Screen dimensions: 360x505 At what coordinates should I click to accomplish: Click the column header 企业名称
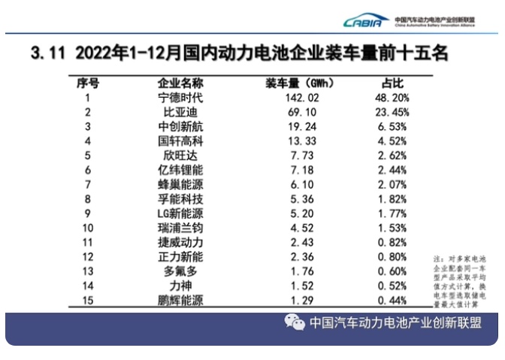[181, 83]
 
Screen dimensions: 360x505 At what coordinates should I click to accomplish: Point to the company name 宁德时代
[181, 98]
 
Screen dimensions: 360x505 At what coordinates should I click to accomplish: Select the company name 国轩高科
[181, 141]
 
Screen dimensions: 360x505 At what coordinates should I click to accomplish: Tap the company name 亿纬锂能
[181, 170]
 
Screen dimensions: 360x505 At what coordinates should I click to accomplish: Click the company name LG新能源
[181, 213]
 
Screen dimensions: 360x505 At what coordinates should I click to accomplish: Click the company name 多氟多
[181, 271]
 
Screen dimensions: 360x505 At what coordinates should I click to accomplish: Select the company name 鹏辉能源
[181, 300]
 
